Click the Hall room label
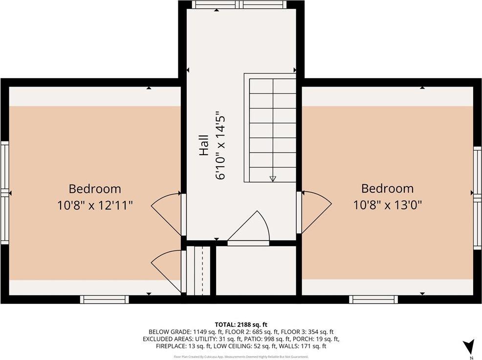point(204,146)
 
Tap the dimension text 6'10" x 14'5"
point(220,146)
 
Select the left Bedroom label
point(94,188)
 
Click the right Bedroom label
point(387,188)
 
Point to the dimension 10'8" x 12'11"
point(94,205)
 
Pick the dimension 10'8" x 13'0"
point(387,205)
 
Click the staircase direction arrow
point(273,179)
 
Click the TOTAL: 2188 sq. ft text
point(241,324)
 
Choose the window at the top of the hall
point(238,5)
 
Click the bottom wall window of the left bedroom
point(105,299)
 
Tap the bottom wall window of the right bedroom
point(374,299)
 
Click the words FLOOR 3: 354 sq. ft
point(309,332)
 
